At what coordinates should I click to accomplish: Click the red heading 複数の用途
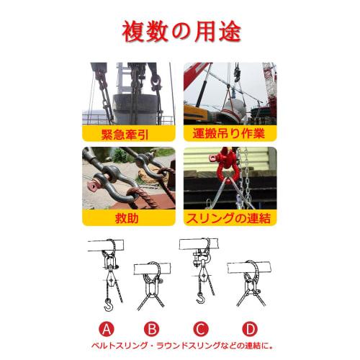tap(180, 31)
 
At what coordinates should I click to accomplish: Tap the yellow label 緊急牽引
tap(128, 134)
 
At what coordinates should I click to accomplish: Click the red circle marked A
tap(107, 330)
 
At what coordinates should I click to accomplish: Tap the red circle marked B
tap(152, 330)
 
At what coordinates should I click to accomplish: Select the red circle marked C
tap(202, 330)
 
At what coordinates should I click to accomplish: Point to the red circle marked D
tap(250, 330)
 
